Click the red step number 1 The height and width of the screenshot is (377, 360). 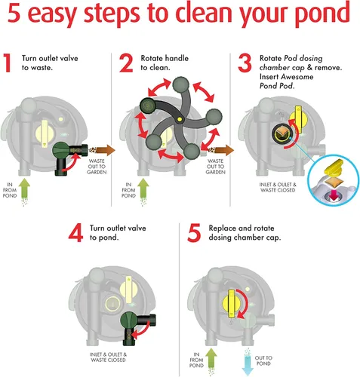point(7,63)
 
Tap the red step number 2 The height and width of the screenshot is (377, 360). point(126,63)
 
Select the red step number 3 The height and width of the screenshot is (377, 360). point(245,63)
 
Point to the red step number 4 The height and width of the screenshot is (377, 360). point(75,233)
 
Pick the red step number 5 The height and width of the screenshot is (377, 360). point(194,233)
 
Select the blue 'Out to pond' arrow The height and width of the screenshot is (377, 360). point(248,362)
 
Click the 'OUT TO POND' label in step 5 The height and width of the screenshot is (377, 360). point(263,360)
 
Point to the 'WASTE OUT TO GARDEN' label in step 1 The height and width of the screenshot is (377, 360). point(97,167)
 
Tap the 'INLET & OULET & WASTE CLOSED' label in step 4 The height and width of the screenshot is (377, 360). point(108,357)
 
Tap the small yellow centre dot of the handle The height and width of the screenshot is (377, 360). point(180,119)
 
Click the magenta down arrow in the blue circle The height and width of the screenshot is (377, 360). point(334,195)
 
